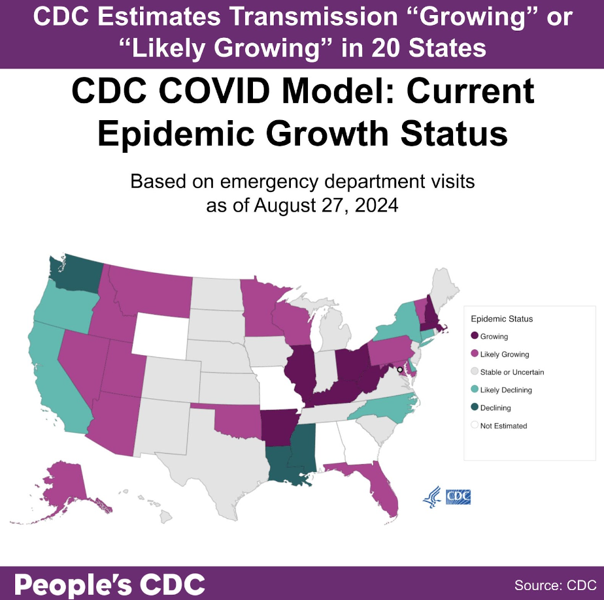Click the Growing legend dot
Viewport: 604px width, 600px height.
point(474,337)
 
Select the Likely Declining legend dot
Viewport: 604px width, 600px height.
point(474,390)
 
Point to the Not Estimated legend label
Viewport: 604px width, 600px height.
point(503,426)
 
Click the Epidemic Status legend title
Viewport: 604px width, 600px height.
point(502,319)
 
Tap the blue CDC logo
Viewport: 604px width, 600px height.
point(458,497)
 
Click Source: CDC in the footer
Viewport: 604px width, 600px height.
point(555,584)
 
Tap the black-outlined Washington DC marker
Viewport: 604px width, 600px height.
point(400,370)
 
